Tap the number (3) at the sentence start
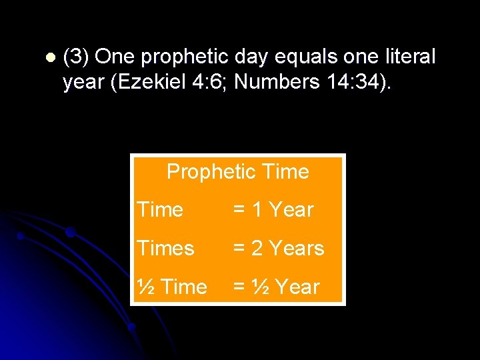(76, 57)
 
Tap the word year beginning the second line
(84, 82)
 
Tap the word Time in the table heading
(286, 172)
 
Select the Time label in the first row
(160, 210)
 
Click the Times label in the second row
(165, 249)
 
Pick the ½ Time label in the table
(171, 287)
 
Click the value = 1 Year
(273, 210)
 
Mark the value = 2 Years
(278, 249)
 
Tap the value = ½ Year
(276, 287)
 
